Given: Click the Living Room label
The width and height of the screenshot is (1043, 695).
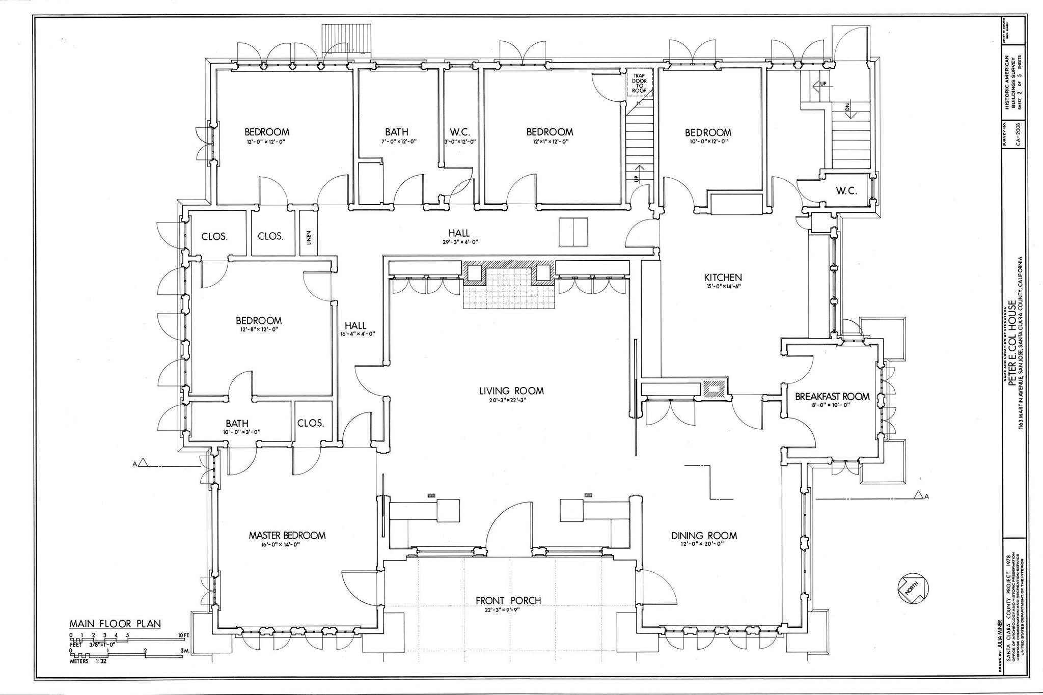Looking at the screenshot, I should click(511, 391).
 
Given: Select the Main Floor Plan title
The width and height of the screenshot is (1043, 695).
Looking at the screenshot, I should click(115, 624).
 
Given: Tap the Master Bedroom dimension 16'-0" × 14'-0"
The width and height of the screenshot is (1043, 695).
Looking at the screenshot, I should click(287, 544).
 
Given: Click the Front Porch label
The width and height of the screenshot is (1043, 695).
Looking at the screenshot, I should click(508, 600).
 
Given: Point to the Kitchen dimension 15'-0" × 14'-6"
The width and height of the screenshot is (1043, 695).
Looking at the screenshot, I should click(723, 286).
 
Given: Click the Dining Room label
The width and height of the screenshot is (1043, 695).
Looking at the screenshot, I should click(704, 535).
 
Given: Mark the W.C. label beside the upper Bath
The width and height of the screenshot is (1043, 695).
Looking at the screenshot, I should click(459, 132).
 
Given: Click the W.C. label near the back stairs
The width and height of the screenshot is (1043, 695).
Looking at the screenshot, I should click(846, 191).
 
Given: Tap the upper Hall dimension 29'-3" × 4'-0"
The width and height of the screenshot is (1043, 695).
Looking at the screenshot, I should click(460, 242).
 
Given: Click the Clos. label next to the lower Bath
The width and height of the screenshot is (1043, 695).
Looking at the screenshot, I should click(311, 423).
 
